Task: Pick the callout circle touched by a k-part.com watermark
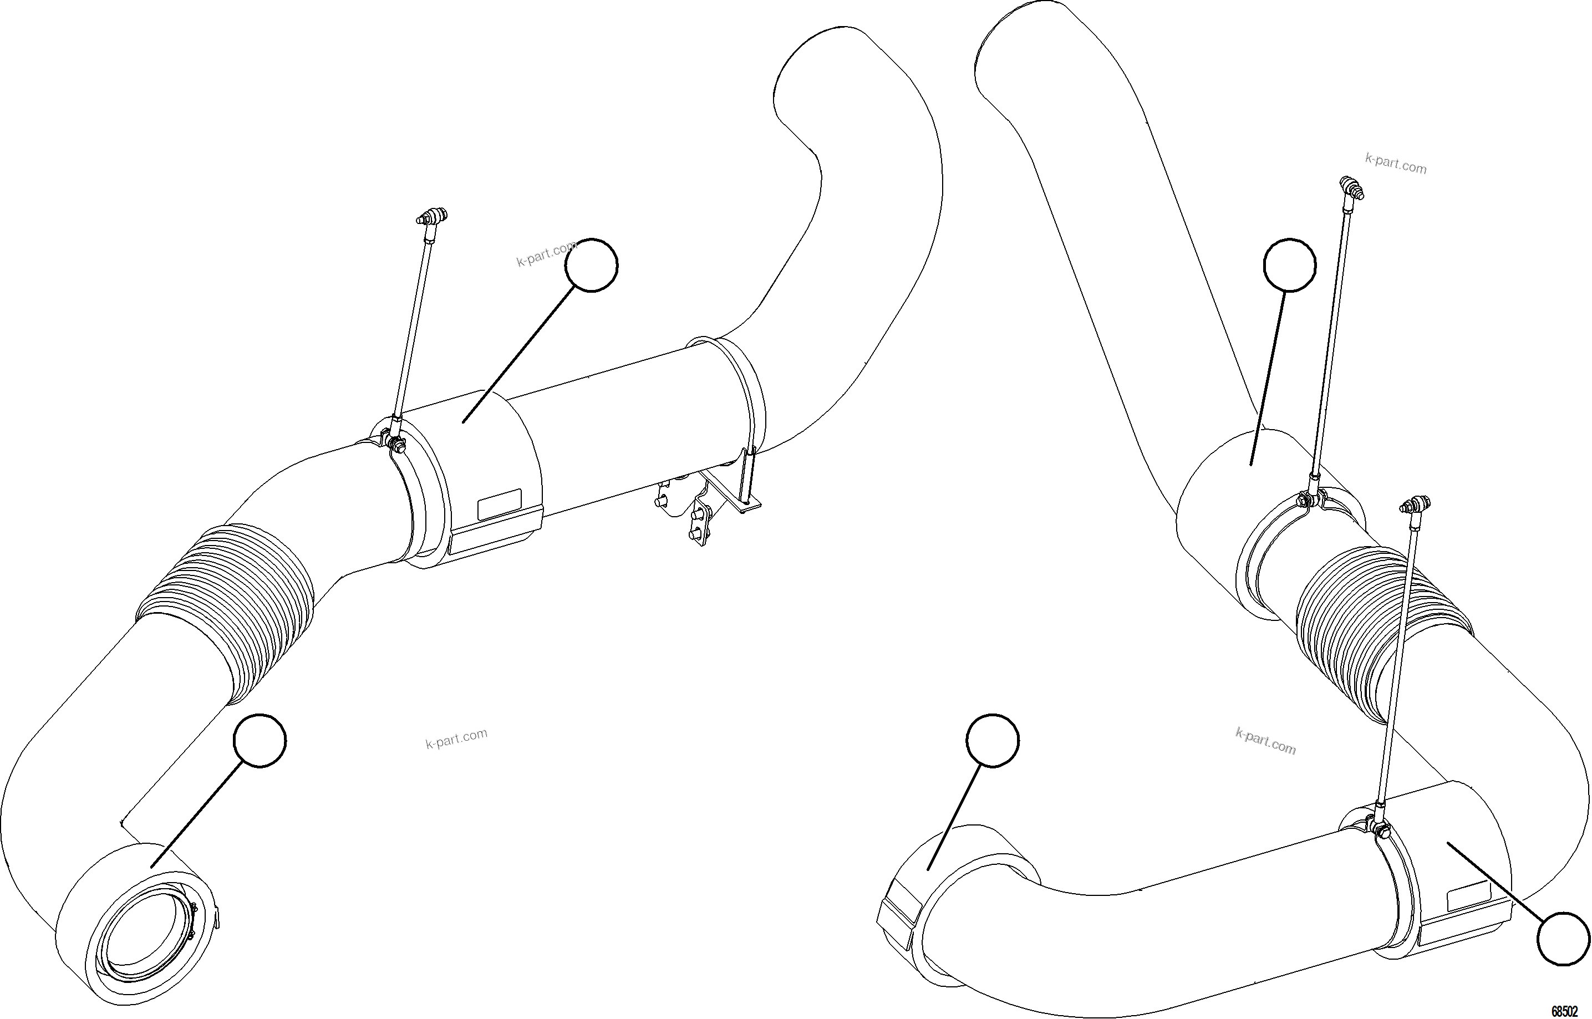pos(592,264)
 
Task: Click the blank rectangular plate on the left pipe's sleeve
pos(499,504)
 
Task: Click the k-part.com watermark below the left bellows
pos(456,738)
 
